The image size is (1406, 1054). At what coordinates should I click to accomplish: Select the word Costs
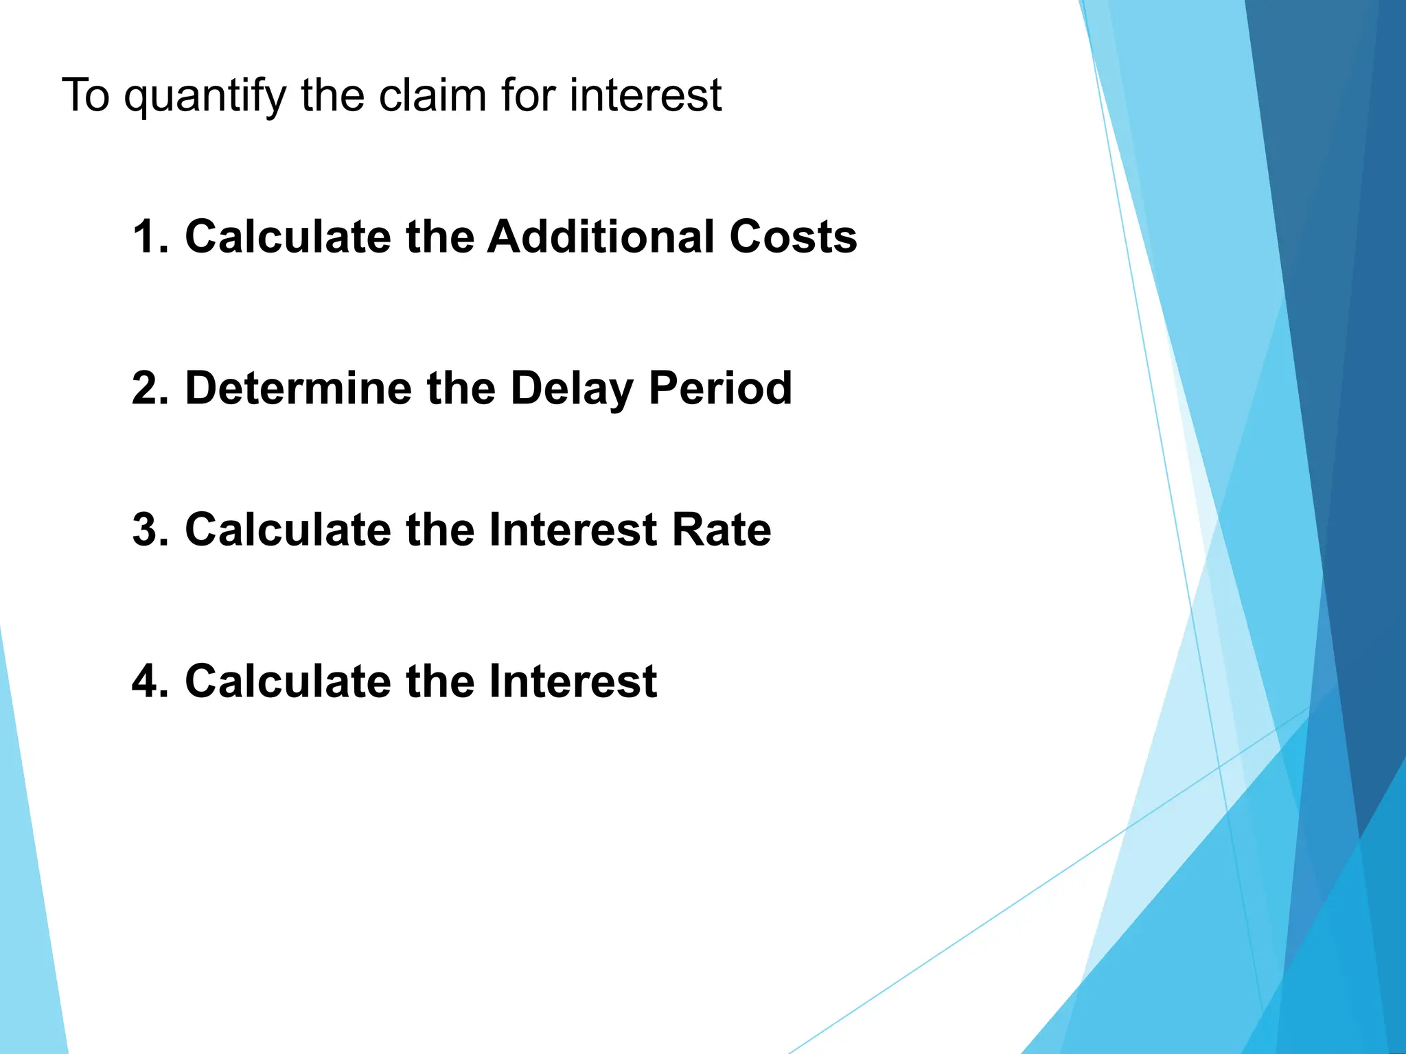pyautogui.click(x=793, y=237)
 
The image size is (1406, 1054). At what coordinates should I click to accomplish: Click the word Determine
pyautogui.click(x=299, y=388)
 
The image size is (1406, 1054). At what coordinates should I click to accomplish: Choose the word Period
pyautogui.click(x=720, y=388)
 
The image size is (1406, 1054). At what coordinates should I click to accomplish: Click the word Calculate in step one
pyautogui.click(x=288, y=237)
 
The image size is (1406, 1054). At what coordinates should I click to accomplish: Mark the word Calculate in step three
pyautogui.click(x=288, y=530)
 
